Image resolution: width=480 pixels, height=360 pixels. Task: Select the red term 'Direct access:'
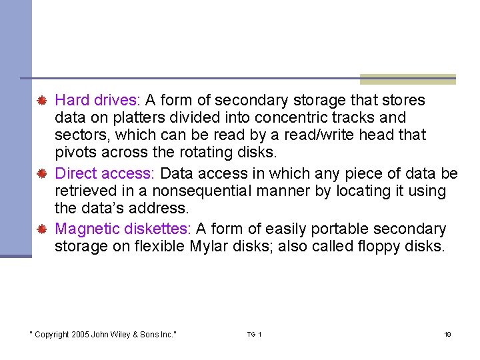[105, 174]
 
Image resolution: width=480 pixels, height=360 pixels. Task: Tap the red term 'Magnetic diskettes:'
[123, 229]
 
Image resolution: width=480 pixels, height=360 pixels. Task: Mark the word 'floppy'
[378, 247]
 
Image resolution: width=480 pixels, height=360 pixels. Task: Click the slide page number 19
[447, 334]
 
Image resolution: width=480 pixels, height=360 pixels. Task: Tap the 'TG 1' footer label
[254, 334]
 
